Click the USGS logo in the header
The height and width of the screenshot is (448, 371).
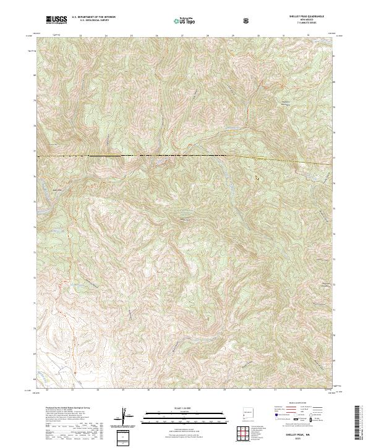point(56,20)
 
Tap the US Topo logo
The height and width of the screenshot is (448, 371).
point(185,21)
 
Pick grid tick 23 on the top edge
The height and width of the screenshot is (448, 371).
point(81,36)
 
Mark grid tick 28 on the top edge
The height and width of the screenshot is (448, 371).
point(208,36)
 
